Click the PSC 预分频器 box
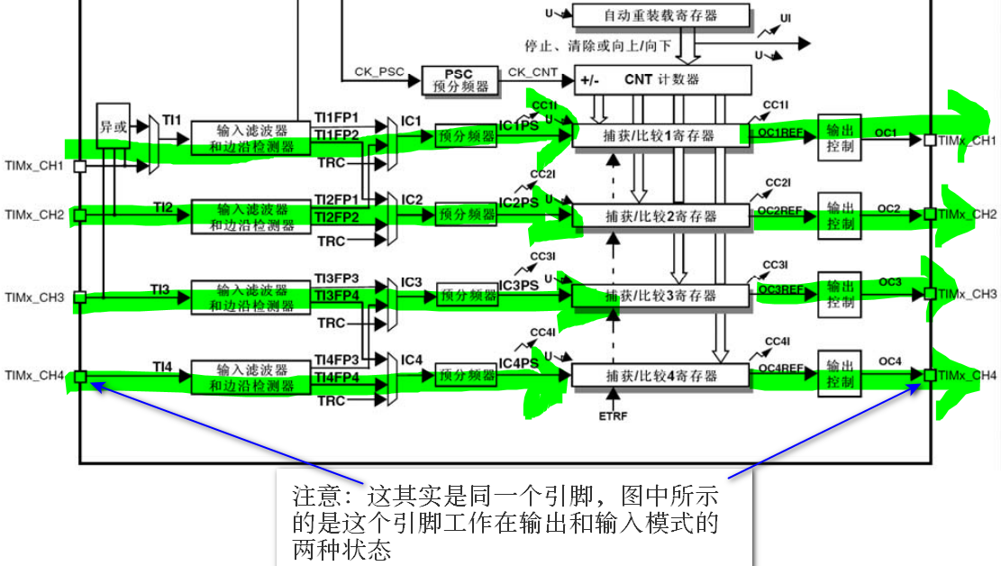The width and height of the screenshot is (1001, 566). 460,79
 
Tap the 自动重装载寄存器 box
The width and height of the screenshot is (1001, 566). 660,15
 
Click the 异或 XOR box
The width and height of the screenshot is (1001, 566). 114,127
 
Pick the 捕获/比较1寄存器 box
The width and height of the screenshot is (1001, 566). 660,135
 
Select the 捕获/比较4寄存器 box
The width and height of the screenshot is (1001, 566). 660,375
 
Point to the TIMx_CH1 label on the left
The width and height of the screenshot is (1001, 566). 34,167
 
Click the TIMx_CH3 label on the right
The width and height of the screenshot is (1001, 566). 967,295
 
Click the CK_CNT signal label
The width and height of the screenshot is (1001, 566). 532,71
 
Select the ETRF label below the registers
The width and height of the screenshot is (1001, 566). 612,416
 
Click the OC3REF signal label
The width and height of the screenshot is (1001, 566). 780,289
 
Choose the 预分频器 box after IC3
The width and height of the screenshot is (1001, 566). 467,295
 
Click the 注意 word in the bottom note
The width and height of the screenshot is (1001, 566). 315,496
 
